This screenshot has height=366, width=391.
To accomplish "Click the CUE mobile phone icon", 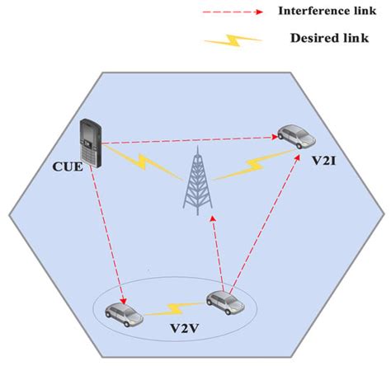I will coord(89,141).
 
